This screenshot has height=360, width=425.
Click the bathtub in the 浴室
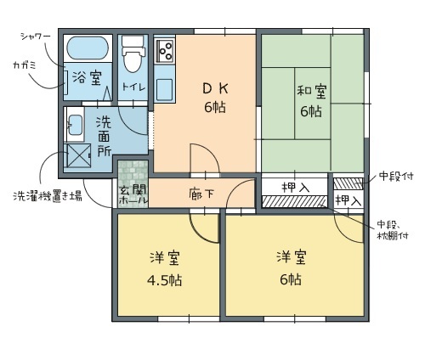88,48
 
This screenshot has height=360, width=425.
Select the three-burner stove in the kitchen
164,51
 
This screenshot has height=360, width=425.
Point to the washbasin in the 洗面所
75,125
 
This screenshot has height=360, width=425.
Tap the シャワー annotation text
36,37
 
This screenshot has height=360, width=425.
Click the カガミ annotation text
25,65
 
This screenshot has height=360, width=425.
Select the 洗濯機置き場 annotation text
48,196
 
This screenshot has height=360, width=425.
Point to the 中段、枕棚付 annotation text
393,230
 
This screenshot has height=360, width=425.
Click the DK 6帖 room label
215,98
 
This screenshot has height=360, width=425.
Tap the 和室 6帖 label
311,101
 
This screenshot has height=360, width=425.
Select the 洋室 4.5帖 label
165,268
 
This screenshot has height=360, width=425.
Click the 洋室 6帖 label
291,268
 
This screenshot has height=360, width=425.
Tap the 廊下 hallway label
201,194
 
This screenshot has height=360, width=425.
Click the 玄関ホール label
133,195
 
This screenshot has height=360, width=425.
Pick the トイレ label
133,87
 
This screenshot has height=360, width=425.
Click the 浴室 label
87,78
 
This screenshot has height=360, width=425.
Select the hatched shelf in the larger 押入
295,201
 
